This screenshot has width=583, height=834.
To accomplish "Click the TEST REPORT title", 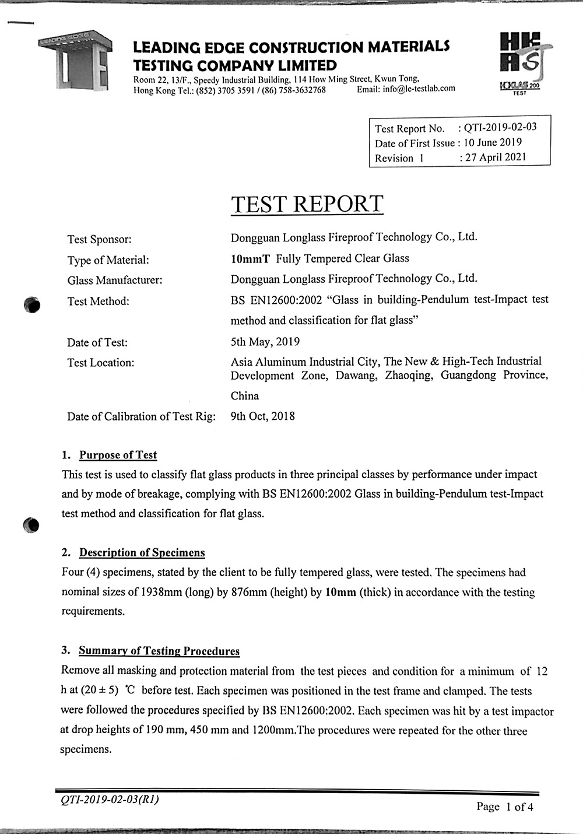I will click(307, 204).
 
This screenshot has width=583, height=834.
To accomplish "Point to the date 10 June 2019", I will click(493, 142).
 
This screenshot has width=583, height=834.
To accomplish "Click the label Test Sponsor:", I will click(100, 239).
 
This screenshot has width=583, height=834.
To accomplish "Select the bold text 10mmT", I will click(250, 258).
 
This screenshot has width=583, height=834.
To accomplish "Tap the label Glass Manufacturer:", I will click(115, 281).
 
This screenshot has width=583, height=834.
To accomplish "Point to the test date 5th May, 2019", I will click(265, 342).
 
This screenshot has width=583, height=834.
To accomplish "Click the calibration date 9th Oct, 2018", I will click(263, 416).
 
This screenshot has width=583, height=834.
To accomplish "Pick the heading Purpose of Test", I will click(118, 455).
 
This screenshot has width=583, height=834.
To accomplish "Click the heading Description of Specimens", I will click(142, 552).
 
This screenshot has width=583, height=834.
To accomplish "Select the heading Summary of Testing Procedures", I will click(159, 651).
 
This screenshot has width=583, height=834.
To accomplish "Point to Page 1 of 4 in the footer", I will click(504, 807).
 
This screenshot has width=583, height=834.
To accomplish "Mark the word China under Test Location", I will click(245, 396).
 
